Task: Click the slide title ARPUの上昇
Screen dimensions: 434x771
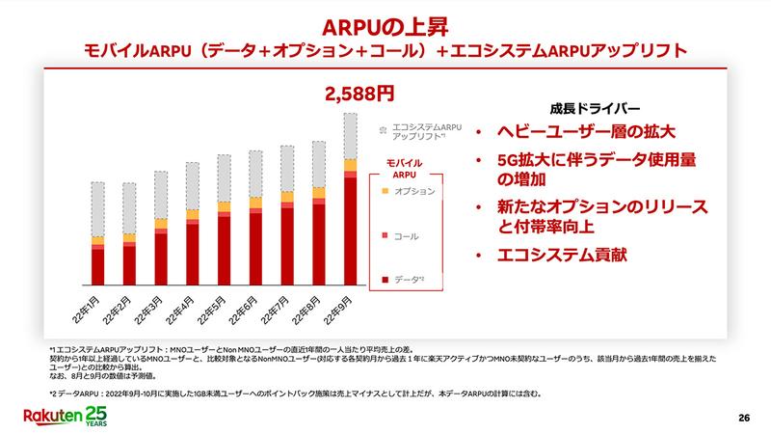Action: (385, 21)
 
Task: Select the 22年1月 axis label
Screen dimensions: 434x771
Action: (88, 312)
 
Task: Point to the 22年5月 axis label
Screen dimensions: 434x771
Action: (214, 312)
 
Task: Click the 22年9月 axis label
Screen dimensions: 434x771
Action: (339, 312)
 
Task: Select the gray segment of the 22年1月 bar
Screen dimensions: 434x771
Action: (97, 208)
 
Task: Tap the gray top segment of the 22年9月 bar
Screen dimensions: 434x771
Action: (350, 135)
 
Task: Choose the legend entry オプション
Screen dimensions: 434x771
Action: (415, 191)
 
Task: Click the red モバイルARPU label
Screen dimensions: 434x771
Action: (406, 167)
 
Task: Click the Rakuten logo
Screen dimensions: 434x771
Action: (64, 415)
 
